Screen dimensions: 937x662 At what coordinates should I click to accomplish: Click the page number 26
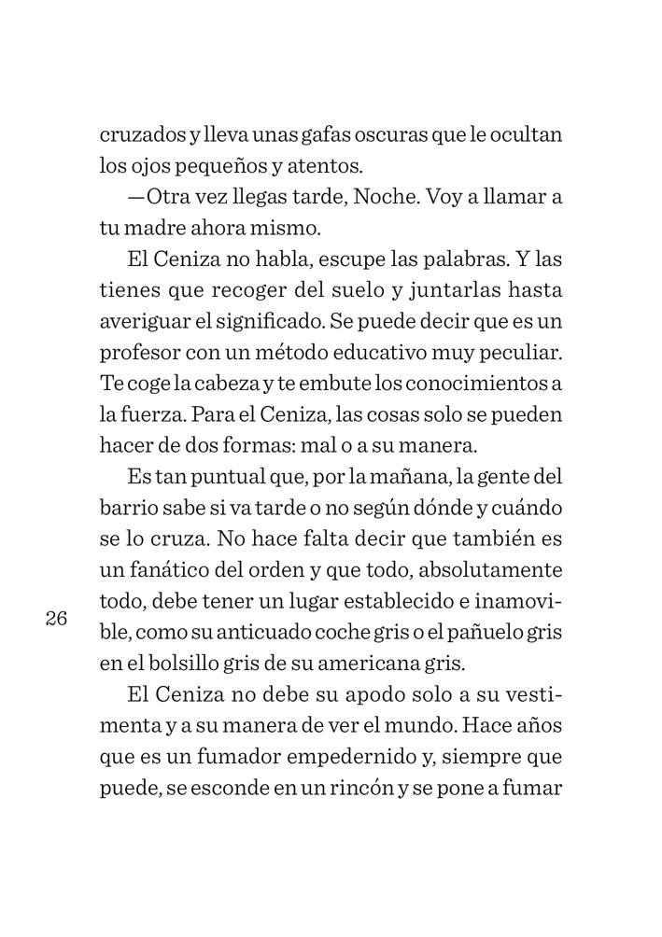56,618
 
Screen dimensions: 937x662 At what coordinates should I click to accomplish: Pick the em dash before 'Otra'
135,199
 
